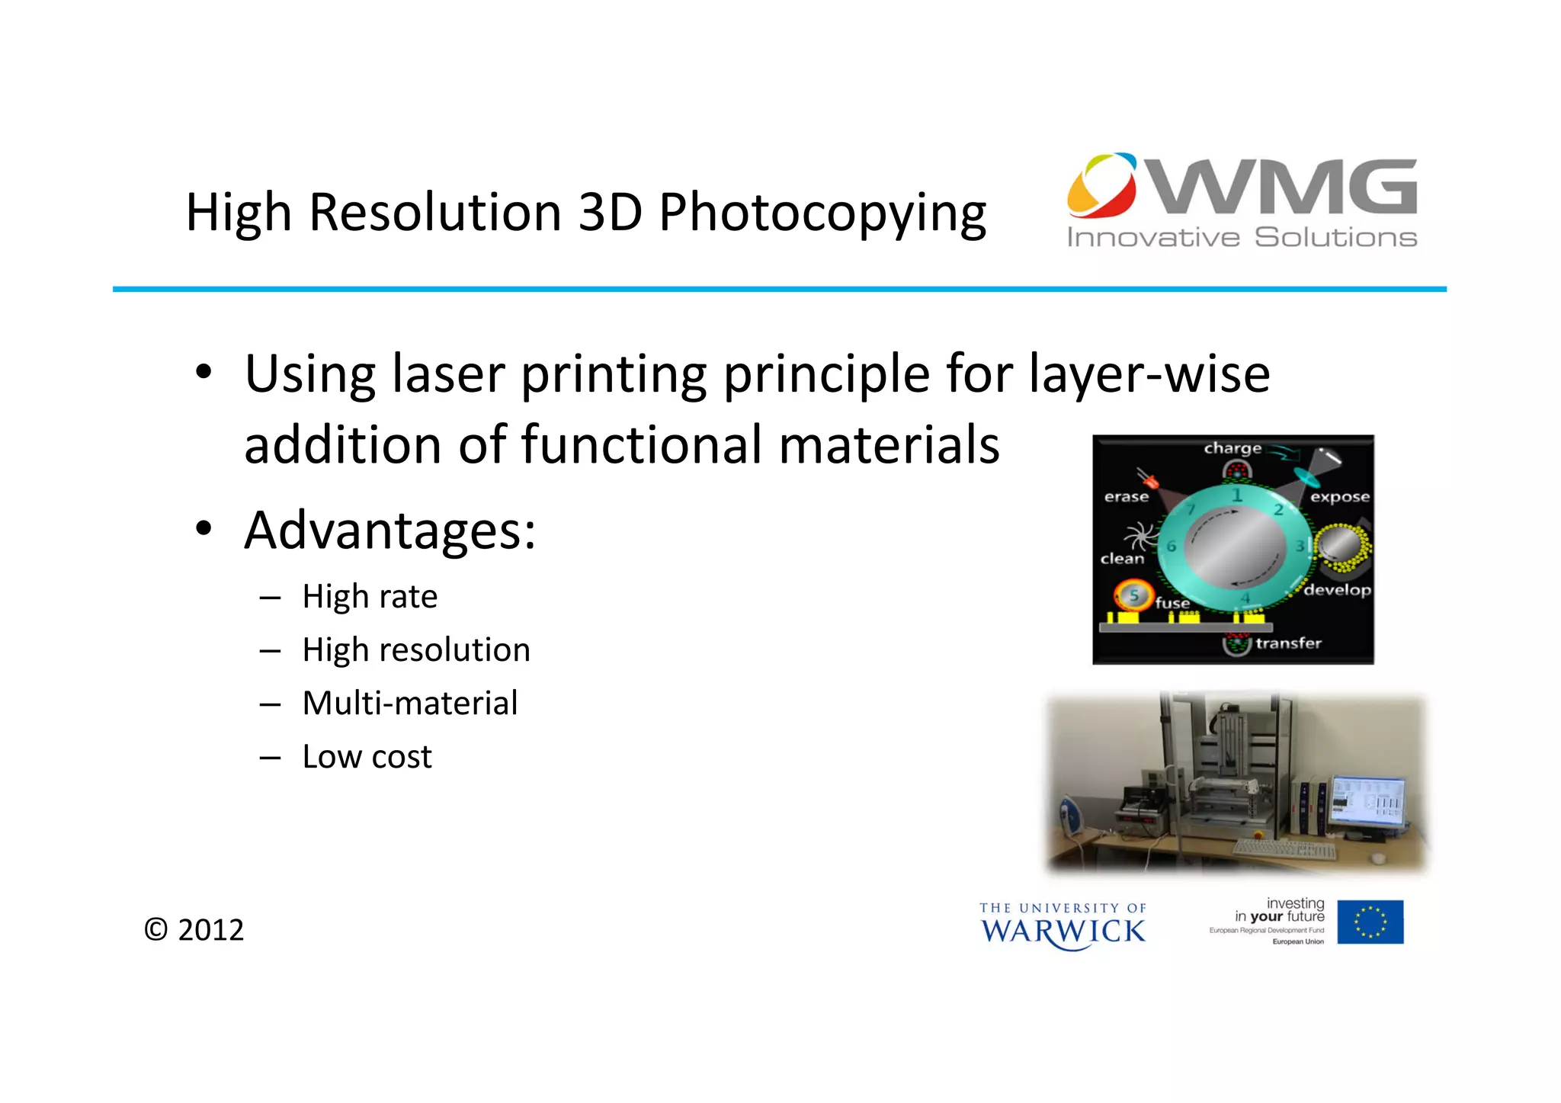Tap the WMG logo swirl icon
1102,185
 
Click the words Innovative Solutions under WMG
1242,238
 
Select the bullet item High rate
370,597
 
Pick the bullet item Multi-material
409,704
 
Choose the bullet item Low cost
367,757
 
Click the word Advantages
389,531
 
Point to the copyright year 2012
210,930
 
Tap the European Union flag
1370,922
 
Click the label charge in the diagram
1232,448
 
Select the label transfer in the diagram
1288,643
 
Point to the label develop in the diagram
1337,590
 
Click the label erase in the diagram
1126,497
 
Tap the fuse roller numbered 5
1133,595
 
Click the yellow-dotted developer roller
1342,547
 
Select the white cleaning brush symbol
1136,534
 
